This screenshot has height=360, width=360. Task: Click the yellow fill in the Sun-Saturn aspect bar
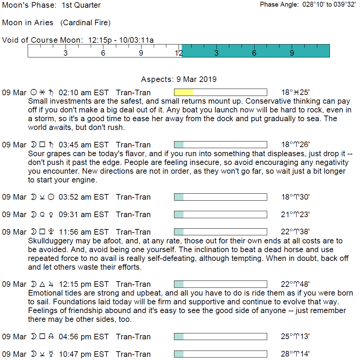tap(184, 92)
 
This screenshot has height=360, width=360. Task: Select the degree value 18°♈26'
tap(295, 145)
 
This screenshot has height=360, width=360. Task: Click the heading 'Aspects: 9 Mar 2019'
tap(179, 79)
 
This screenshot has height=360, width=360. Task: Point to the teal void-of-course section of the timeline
tap(256, 51)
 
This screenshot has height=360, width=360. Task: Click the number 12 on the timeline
tap(179, 53)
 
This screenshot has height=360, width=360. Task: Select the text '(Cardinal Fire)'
tap(85, 23)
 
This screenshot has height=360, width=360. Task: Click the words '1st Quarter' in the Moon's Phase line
tap(81, 5)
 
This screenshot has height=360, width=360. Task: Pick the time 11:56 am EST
tap(84, 232)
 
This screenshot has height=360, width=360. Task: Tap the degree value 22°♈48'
tap(295, 284)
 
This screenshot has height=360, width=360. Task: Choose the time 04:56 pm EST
tap(84, 337)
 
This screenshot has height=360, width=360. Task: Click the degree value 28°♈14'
tap(295, 354)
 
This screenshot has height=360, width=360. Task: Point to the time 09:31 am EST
tap(84, 214)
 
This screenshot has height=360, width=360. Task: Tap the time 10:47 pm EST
tap(84, 354)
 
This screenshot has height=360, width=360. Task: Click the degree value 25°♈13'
tap(295, 337)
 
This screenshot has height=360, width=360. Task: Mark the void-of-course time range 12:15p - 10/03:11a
tap(121, 40)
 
